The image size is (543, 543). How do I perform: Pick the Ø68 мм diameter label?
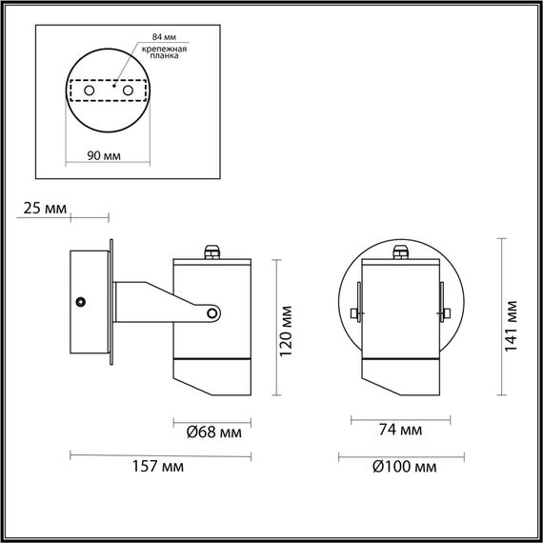click(x=212, y=432)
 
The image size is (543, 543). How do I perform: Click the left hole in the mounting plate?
click(x=90, y=90)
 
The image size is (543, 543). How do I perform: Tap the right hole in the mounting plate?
click(x=125, y=90)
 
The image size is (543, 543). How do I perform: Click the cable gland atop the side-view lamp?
click(x=210, y=252)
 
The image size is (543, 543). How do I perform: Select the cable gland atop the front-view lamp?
click(x=400, y=252)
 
